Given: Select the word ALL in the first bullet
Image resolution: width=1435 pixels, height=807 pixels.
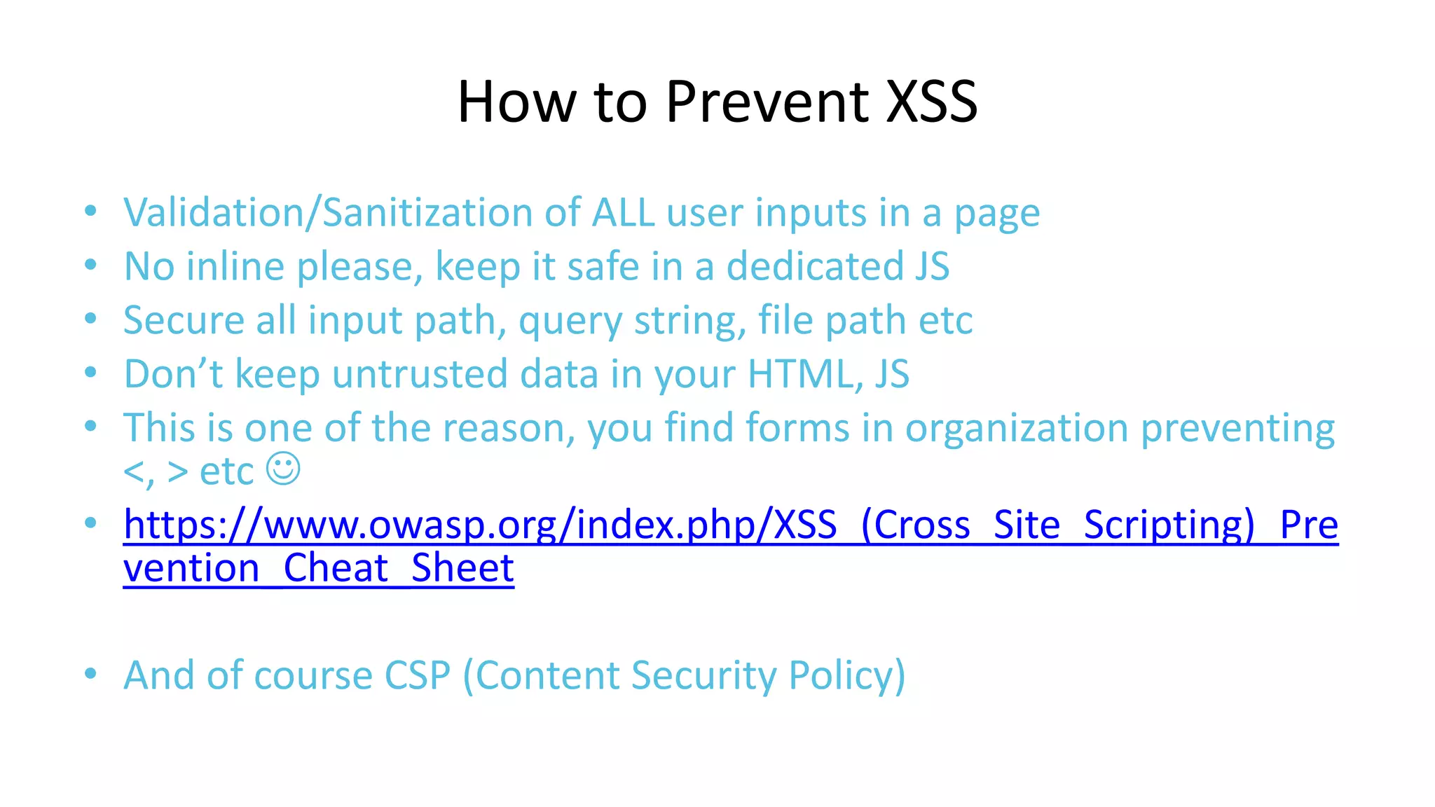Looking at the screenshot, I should pos(623,212).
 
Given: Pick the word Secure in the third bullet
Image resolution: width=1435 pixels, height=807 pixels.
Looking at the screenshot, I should pos(184,320).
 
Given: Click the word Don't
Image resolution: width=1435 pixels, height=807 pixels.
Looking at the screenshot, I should pos(173,373).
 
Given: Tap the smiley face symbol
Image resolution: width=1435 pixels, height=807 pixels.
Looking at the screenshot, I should pos(283,469).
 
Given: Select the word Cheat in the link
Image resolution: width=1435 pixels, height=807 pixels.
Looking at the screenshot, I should pos(336,567).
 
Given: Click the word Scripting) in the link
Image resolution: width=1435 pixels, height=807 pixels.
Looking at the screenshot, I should pos(1169,525).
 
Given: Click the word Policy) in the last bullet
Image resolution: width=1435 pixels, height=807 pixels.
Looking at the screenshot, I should pos(846,675).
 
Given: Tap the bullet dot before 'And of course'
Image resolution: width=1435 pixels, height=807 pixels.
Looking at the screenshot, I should pos(90,674).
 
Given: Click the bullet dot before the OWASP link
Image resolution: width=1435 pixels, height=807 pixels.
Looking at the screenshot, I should pos(90,523).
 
